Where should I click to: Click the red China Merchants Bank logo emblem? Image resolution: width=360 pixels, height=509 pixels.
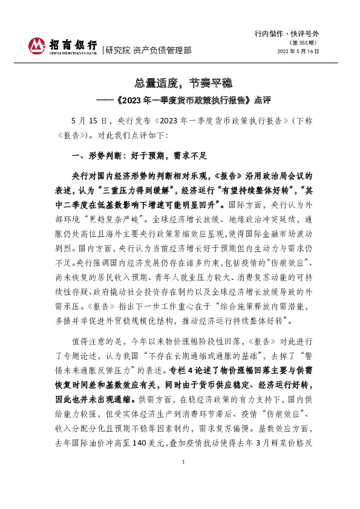pyautogui.click(x=37, y=45)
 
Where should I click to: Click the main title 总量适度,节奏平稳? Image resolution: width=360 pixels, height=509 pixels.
pyautogui.click(x=180, y=82)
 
